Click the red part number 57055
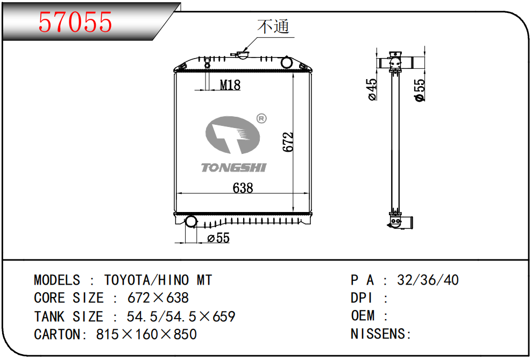coord(75,22)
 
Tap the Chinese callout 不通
coord(273,26)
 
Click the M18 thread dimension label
coord(230,85)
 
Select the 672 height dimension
coord(288,142)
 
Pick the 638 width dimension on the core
coord(243,188)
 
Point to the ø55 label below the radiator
coord(218,238)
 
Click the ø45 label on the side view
coord(372,89)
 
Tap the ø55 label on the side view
coord(420,90)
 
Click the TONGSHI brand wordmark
coord(234,167)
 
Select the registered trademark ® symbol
coord(261,118)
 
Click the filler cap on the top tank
coord(242,55)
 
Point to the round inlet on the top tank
coord(287,62)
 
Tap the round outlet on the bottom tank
coord(190,222)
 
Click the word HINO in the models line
coord(173,280)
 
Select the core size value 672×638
coord(158,298)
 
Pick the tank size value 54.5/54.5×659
coord(181,316)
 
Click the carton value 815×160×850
coord(146,335)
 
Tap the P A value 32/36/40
coord(428,280)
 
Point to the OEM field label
coord(363,315)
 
